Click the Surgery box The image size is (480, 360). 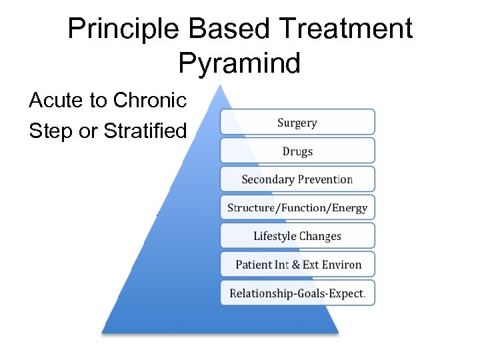tap(297, 123)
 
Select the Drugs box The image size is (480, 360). tap(297, 151)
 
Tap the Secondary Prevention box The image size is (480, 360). tap(297, 179)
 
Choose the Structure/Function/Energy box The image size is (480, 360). tap(297, 207)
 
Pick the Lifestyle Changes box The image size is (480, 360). tap(297, 236)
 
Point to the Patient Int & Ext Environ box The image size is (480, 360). tap(297, 265)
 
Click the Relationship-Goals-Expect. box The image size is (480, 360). tap(297, 293)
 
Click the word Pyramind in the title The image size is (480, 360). tap(239, 64)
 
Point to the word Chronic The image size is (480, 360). tap(150, 101)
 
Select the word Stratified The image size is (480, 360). tap(145, 131)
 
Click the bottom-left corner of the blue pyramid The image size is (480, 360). tap(103, 331)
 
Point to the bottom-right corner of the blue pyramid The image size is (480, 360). tap(338, 331)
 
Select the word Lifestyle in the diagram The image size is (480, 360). tap(275, 236)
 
